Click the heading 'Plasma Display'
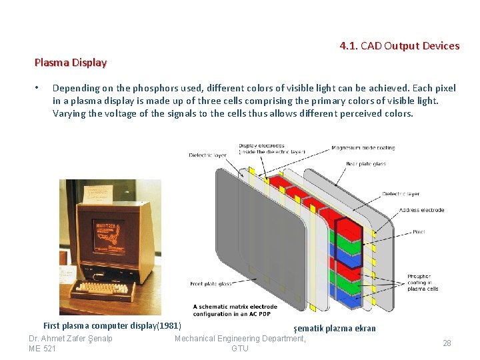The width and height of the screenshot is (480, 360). pyautogui.click(x=71, y=63)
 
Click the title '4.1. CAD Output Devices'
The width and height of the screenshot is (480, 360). pyautogui.click(x=399, y=46)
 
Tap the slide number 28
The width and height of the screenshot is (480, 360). pyautogui.click(x=447, y=343)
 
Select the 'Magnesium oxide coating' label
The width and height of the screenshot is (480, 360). pyautogui.click(x=363, y=148)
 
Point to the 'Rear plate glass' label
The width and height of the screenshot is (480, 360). pyautogui.click(x=365, y=163)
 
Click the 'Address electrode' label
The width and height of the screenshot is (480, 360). pyautogui.click(x=421, y=210)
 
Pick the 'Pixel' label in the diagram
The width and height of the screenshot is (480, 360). pyautogui.click(x=418, y=232)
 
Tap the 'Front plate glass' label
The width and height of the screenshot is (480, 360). pyautogui.click(x=211, y=284)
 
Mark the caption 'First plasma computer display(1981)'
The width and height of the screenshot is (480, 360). pyautogui.click(x=112, y=326)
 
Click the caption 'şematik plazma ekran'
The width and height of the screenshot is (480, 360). pyautogui.click(x=335, y=328)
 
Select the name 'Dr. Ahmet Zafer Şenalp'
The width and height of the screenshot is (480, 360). pyautogui.click(x=71, y=338)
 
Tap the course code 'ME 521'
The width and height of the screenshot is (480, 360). pyautogui.click(x=43, y=348)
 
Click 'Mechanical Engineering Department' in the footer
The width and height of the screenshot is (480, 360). pyautogui.click(x=240, y=338)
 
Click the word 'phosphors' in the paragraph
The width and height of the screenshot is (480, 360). pyautogui.click(x=135, y=88)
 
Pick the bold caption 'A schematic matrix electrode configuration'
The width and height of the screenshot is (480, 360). pyautogui.click(x=235, y=310)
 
